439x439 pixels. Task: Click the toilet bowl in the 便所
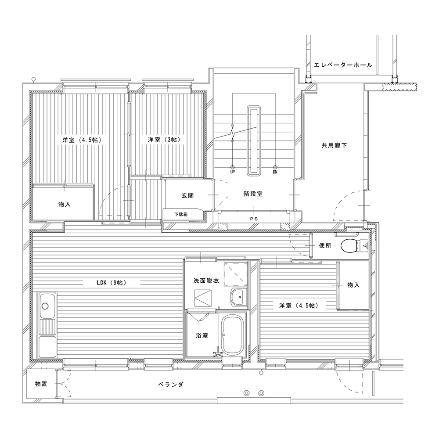pos(349,246)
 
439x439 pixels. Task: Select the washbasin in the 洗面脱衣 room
pos(238,296)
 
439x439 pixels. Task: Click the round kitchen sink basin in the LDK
pos(45,306)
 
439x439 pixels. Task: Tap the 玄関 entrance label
pos(187,195)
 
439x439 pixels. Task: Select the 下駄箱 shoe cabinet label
pos(181,215)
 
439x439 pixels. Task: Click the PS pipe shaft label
pos(254,219)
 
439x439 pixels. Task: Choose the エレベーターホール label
pos(343,65)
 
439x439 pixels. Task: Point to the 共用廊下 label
pos(334,145)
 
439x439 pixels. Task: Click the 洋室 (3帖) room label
pos(164,140)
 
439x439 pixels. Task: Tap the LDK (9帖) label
pos(112,283)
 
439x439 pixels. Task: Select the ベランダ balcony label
pos(171,385)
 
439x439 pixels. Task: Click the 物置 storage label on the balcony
pos(41,384)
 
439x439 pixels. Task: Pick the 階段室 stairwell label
pos(253,194)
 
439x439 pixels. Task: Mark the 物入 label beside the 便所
pos(353,285)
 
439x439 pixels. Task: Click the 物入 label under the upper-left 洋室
pos(65,205)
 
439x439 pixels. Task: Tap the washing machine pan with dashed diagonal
pos(235,274)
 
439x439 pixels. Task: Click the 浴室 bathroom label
pos(202,335)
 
